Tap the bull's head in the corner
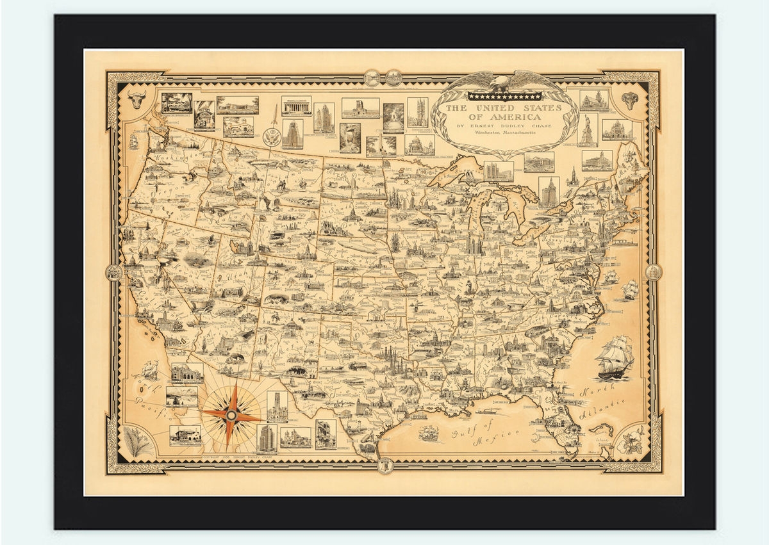(x=136, y=100)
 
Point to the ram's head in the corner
(x=631, y=100)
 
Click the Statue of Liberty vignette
(x=586, y=127)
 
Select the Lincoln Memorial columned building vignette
(x=296, y=105)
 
